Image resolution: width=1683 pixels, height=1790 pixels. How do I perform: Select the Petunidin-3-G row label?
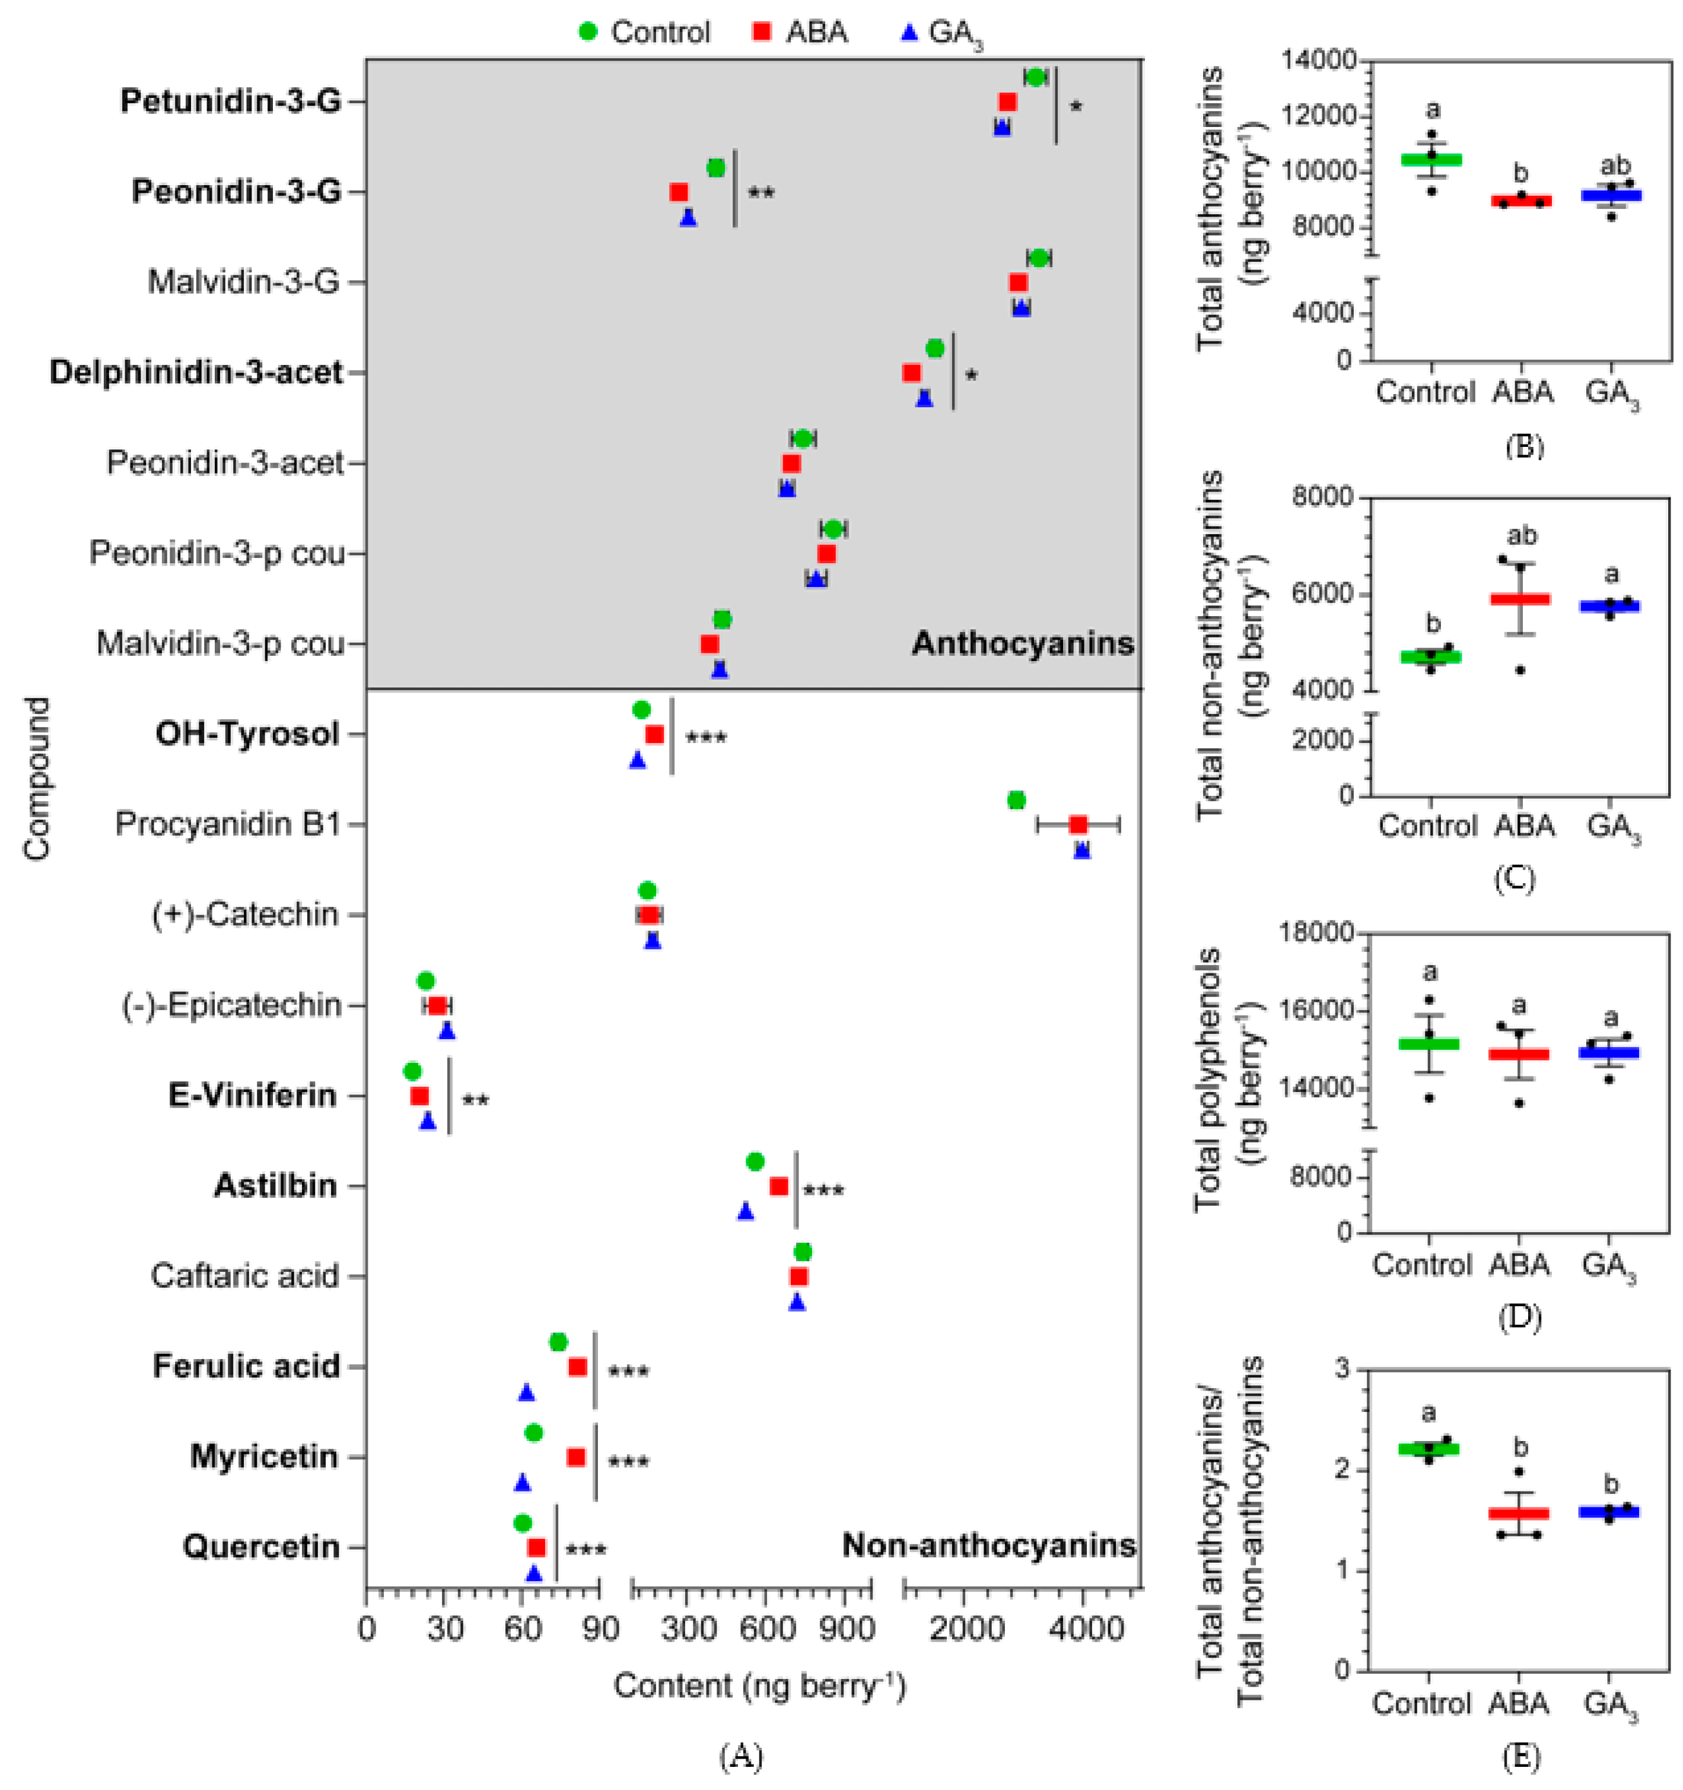tap(231, 101)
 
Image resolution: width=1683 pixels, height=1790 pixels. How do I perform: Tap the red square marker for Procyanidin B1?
tap(1077, 825)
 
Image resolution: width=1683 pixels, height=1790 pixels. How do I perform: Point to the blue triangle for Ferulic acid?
tap(527, 1393)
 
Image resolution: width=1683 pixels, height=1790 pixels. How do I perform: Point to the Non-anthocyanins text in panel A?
tap(988, 1546)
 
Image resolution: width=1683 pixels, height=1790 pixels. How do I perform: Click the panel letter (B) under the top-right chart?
tap(1523, 446)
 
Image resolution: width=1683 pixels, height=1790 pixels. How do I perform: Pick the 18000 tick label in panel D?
tap(1315, 933)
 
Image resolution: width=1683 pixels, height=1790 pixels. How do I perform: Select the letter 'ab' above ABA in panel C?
tap(1521, 537)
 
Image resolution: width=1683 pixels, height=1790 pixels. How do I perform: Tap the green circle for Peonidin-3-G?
tap(715, 169)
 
